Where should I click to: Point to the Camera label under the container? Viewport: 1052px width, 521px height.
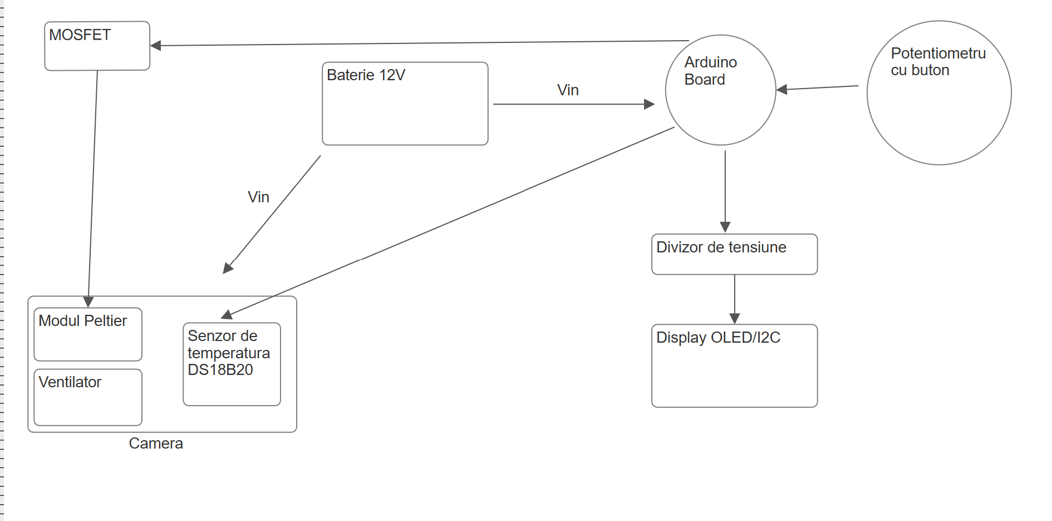[x=156, y=444]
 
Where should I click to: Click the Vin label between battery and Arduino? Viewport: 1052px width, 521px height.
[x=568, y=90]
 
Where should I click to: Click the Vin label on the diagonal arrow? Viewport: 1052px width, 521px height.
[x=258, y=197]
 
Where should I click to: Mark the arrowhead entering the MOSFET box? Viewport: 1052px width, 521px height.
[x=156, y=46]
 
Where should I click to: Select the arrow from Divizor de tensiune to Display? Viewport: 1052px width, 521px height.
[x=735, y=299]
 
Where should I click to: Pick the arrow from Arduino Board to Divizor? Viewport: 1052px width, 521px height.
[x=725, y=189]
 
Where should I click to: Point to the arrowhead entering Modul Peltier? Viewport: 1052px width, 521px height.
[x=89, y=302]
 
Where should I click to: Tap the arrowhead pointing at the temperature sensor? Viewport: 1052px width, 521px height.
[x=227, y=315]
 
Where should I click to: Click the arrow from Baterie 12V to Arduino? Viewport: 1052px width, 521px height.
[x=573, y=104]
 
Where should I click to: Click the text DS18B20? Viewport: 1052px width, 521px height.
[x=220, y=370]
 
